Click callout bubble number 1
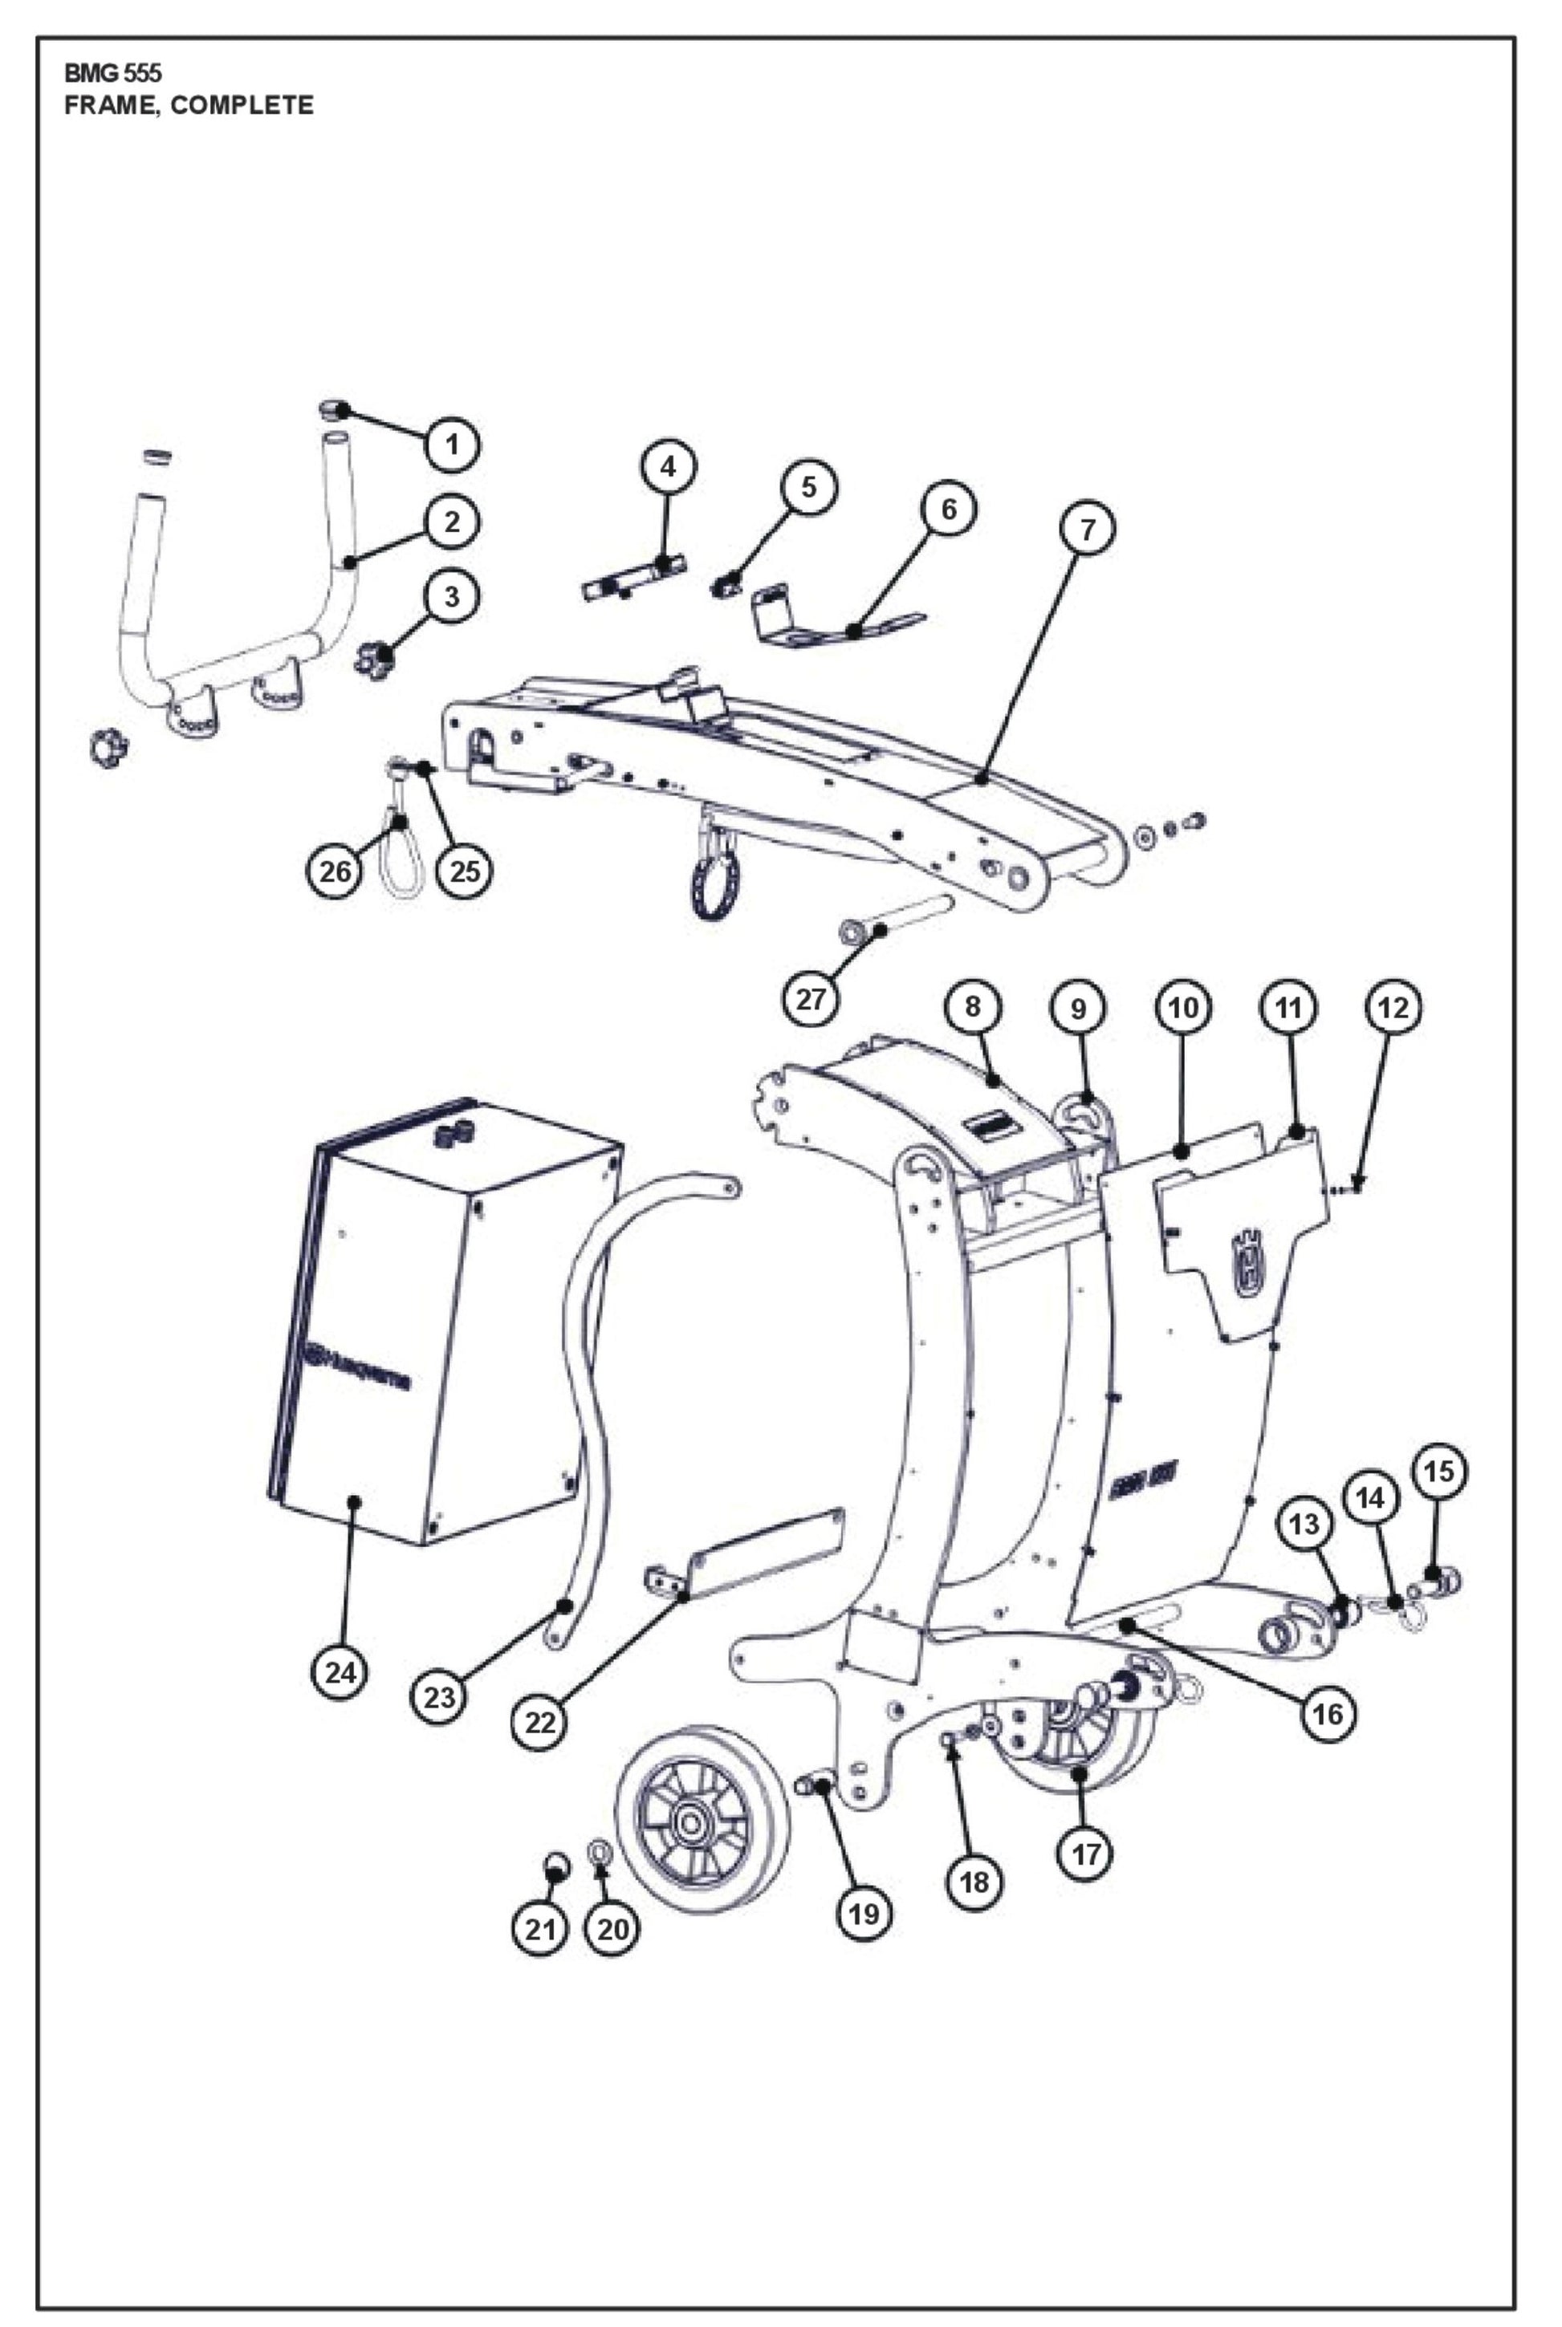[x=452, y=444]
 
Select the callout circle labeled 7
[x=1087, y=529]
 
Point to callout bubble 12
[x=1393, y=1008]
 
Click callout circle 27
[x=811, y=997]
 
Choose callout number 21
[x=540, y=1929]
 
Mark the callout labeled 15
[x=1438, y=1471]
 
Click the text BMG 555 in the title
[x=112, y=74]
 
